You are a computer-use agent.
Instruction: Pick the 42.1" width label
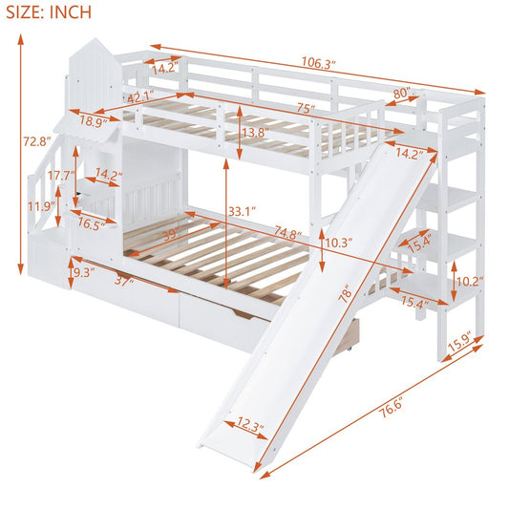coord(140,96)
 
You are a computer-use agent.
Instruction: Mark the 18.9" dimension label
coord(93,121)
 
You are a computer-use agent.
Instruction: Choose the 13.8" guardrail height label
coord(252,133)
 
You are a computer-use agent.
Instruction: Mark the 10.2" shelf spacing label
coord(468,282)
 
